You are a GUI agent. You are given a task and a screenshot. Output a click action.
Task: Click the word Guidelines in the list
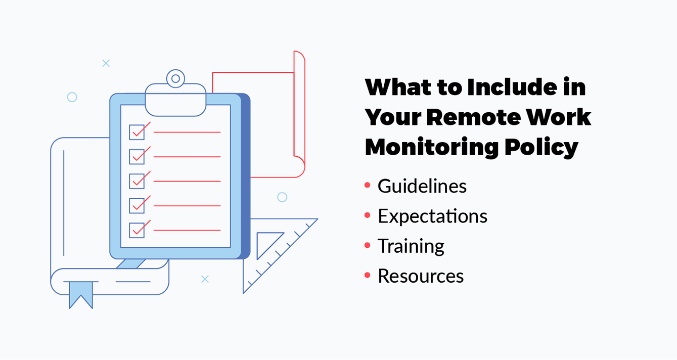coord(422,187)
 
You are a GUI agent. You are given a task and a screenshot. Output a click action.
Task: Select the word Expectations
coord(432,216)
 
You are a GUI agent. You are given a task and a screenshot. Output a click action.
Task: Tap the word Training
coord(411,246)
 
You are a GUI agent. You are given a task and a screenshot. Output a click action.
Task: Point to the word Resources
coord(421,276)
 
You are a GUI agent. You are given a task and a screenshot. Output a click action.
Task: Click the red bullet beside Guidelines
coord(368,186)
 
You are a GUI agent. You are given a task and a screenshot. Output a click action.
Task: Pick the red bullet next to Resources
coord(368,276)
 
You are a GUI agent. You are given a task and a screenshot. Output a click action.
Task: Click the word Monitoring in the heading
coord(430,148)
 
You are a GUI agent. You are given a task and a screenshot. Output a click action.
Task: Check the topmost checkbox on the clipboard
coord(137,132)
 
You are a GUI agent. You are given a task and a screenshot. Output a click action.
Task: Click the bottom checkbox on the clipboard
coord(137,230)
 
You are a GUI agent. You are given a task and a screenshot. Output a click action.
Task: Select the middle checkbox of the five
coord(137,181)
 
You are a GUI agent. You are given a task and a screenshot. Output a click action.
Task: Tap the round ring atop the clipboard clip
coord(175,78)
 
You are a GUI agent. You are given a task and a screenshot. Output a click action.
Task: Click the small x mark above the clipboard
coord(106,63)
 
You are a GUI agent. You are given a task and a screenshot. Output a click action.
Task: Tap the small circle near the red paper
coord(282,197)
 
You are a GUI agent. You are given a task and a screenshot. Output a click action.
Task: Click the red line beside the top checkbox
coord(187,132)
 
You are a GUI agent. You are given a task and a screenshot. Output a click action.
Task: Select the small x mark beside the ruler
coord(205,279)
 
